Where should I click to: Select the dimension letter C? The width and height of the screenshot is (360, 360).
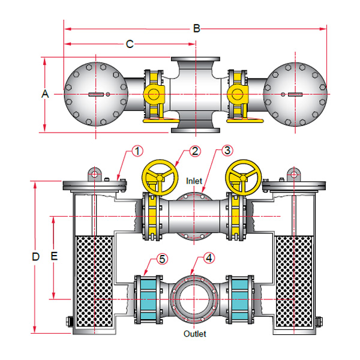pos(130,44)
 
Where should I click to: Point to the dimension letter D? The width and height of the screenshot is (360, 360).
pos(35,256)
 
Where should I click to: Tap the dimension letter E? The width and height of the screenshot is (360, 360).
pos(54,256)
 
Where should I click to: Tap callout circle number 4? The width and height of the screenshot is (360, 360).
pos(208,259)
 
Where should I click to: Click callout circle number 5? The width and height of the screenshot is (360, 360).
pos(162,259)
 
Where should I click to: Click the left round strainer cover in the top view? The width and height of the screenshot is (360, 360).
pos(95,94)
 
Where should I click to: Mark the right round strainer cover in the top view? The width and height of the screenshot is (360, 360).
pos(296,94)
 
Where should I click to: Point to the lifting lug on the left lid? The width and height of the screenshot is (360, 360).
pos(94,174)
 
